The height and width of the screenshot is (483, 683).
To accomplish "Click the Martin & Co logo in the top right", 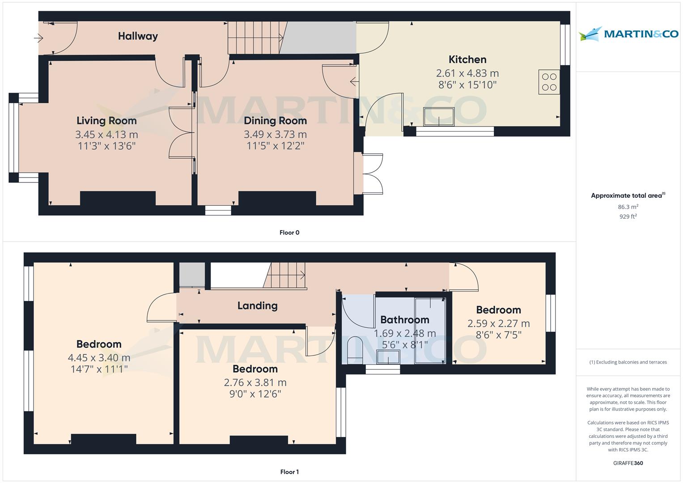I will [x=628, y=34].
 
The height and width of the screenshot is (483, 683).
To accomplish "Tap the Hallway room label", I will [x=138, y=36].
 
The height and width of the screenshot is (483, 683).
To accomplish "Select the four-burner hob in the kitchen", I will [x=549, y=82].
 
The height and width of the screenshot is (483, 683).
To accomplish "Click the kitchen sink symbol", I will [x=438, y=118].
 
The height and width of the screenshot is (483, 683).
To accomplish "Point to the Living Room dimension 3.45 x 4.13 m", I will [x=106, y=134].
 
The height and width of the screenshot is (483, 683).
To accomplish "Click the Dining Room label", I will [x=275, y=120].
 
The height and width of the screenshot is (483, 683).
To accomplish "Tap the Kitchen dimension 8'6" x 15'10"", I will [x=467, y=85].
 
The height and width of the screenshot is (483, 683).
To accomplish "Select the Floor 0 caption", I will [x=289, y=233].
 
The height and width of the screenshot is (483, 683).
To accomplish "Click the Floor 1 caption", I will [x=289, y=472].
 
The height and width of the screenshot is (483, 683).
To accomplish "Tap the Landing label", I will [x=257, y=305].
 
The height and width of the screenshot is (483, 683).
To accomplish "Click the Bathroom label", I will [x=404, y=320].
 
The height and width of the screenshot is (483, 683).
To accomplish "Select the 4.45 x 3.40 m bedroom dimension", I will [x=99, y=358].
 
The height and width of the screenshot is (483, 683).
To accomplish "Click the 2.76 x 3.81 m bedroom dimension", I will [x=255, y=382].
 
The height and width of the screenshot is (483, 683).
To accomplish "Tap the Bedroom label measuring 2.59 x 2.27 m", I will [x=498, y=310].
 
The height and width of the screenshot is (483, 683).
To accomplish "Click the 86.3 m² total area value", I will [x=628, y=207].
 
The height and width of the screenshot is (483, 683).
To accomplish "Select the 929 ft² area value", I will [x=628, y=216].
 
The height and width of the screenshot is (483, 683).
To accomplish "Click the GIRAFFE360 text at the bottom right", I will [x=628, y=463].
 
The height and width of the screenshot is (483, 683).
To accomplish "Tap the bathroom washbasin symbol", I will [x=388, y=357].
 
